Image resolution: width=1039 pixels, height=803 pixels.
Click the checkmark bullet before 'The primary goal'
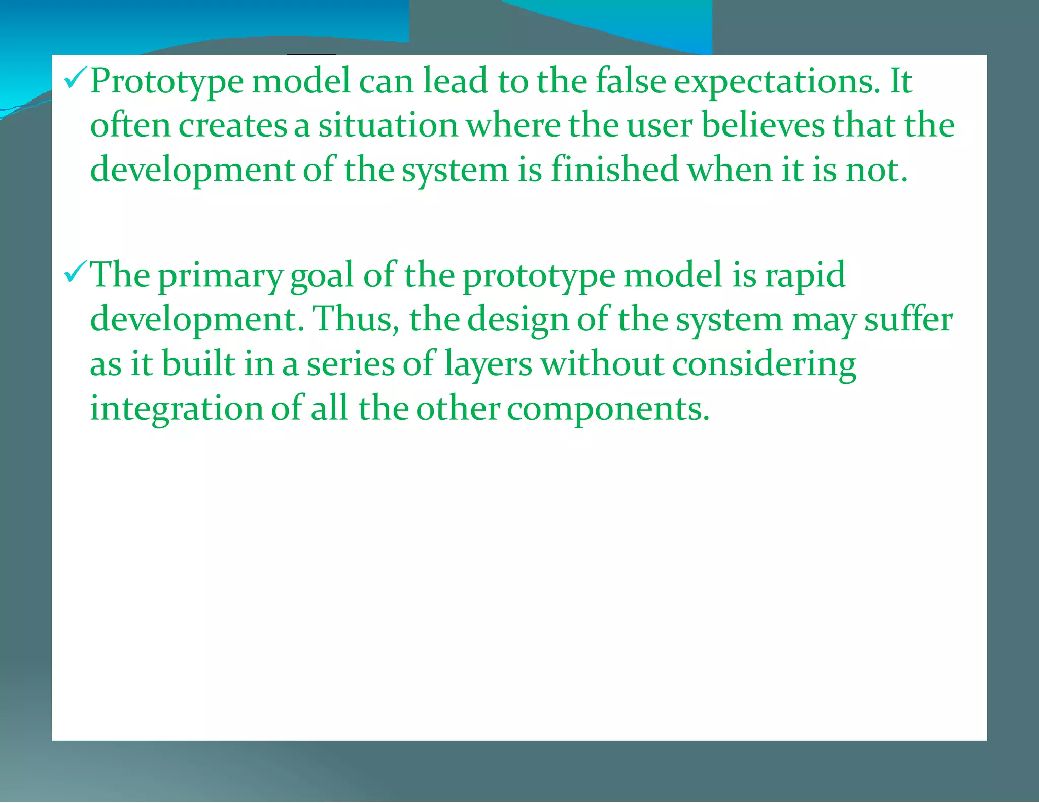(x=76, y=274)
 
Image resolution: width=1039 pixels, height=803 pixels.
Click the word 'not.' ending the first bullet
(x=876, y=170)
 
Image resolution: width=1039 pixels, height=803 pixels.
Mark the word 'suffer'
(x=908, y=320)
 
